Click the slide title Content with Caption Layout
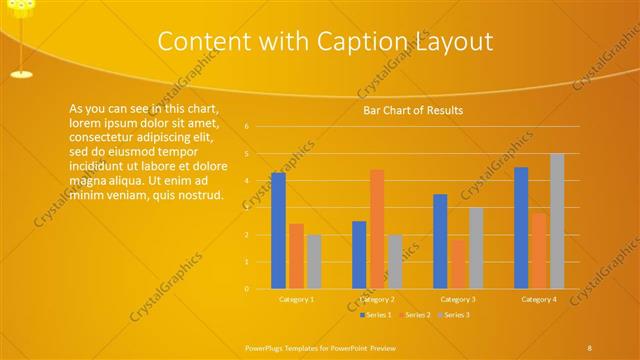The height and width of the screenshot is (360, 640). (326, 41)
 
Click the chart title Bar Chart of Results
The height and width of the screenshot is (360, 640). (412, 110)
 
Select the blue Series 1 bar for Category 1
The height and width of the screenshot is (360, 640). (278, 231)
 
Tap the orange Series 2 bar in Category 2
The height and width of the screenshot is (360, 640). (377, 229)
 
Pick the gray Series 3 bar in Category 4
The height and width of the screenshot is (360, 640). (557, 221)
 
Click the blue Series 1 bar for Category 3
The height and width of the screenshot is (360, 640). (440, 241)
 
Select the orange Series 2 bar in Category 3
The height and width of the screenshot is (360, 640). (458, 264)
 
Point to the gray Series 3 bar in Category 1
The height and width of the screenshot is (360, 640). (314, 262)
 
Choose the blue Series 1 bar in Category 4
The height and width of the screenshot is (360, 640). (521, 228)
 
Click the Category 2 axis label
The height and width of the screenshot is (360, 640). (377, 299)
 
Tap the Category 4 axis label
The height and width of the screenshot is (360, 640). (539, 299)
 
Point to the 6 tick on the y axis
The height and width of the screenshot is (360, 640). (246, 127)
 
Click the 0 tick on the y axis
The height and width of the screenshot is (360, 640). (246, 289)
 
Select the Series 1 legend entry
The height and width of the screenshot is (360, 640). (375, 315)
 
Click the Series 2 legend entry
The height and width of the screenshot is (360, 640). (414, 315)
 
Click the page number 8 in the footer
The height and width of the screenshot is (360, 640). (590, 347)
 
